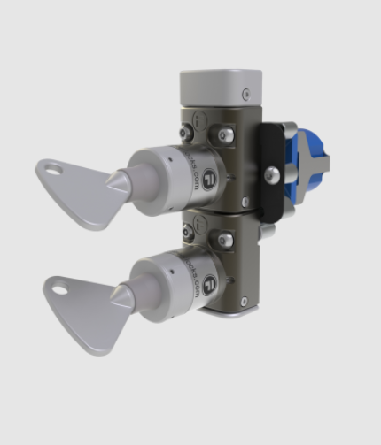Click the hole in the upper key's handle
(56, 168)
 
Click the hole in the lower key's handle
(59, 286)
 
